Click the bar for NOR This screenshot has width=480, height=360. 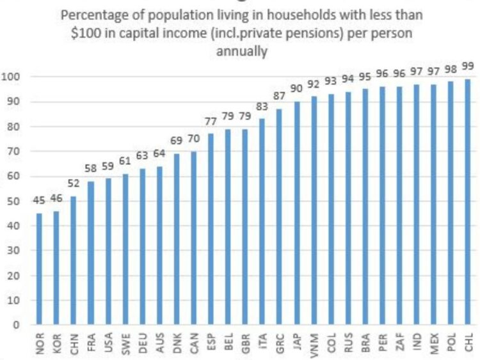click(40, 269)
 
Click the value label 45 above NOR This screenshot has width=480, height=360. click(40, 201)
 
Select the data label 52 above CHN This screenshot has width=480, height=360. click(74, 184)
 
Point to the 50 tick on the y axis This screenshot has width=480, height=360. click(14, 201)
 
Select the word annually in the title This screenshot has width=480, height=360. click(241, 51)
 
